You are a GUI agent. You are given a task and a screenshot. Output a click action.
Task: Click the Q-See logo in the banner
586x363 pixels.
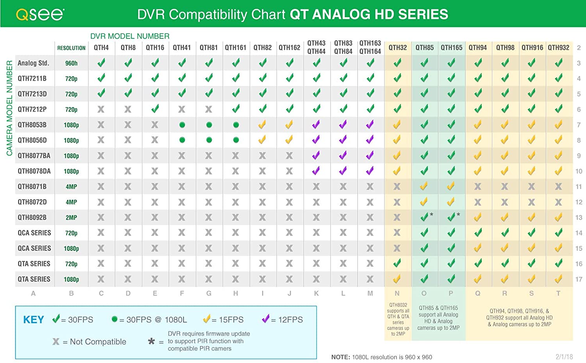coord(40,14)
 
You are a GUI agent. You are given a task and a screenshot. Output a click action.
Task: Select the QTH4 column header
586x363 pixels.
coord(101,48)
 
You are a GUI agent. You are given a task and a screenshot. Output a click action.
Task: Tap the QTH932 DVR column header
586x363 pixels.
coord(559,48)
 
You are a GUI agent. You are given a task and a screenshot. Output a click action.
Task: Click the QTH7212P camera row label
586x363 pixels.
coord(32,109)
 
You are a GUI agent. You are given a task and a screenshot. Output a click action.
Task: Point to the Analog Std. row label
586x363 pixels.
coord(33,63)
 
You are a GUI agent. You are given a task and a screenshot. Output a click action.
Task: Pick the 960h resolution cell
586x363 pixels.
coord(71,63)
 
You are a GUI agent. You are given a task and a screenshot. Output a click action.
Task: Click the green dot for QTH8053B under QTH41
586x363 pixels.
coord(182,125)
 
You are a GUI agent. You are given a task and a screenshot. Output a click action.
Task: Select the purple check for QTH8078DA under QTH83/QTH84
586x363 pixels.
coord(343,171)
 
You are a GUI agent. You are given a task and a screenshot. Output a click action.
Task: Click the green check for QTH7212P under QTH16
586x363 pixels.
coord(155,109)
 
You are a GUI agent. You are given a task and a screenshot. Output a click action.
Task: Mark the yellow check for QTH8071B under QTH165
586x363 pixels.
coord(451,186)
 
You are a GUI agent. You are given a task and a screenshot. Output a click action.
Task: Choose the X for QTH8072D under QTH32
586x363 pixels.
coord(397,202)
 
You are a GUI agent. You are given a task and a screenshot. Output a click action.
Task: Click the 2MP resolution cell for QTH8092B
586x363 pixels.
coord(71,218)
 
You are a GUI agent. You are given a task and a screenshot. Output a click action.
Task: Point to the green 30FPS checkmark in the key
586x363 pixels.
coord(56,318)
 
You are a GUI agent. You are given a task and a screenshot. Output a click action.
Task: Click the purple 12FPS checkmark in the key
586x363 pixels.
coord(266,318)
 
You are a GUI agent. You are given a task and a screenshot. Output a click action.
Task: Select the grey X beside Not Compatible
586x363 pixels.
coord(56,342)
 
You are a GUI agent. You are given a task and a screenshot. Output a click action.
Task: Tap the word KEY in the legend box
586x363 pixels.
coord(34,320)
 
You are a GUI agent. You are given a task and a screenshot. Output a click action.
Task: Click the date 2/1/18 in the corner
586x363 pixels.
coord(564,357)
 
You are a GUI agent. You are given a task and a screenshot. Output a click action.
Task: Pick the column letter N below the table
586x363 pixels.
coord(397,293)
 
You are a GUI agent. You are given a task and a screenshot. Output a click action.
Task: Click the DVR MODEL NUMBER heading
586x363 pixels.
coord(130,36)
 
